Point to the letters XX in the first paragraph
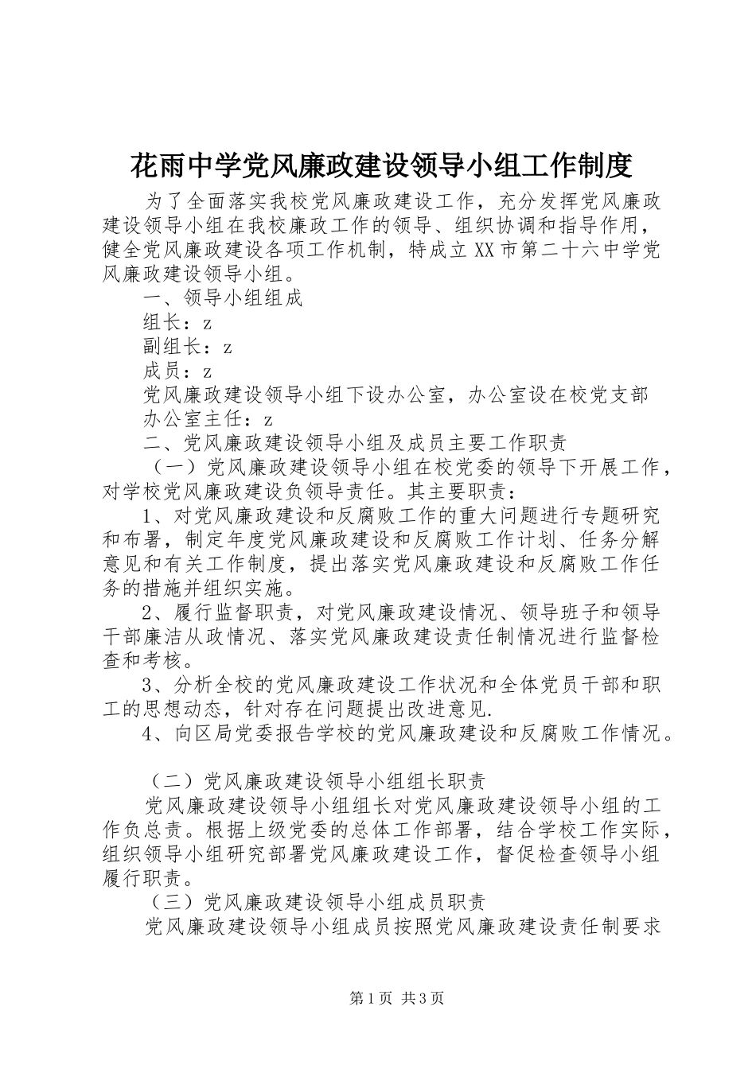(485, 250)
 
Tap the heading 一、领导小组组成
(223, 299)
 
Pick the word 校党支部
(609, 395)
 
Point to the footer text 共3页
(423, 998)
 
